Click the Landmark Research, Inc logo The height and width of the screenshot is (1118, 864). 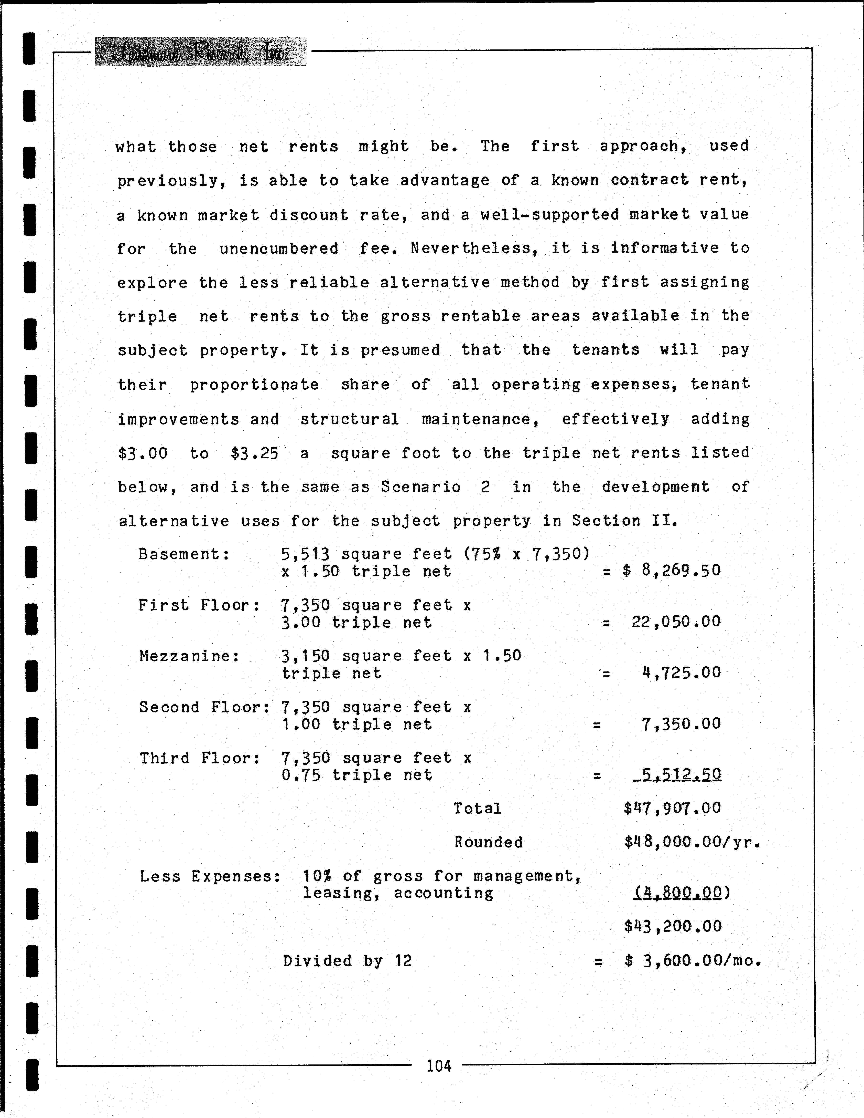[x=201, y=52]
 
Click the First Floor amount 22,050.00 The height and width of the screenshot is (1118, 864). [x=676, y=622]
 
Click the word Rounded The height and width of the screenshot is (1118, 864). [x=489, y=842]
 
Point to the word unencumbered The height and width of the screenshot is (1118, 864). [x=279, y=249]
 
